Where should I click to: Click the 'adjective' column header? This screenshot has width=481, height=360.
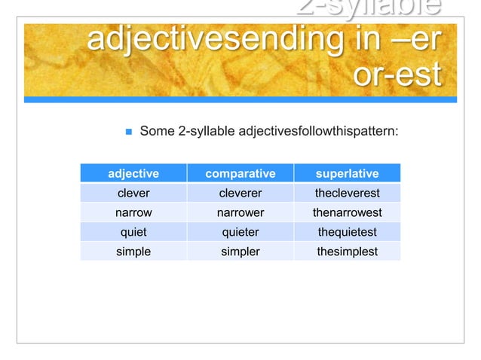[x=133, y=174]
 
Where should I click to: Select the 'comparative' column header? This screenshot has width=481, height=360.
[x=240, y=174]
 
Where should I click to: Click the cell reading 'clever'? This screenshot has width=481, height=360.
[x=133, y=193]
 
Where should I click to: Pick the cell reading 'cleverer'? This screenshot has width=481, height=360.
[x=240, y=193]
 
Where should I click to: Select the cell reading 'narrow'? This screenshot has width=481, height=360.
[x=133, y=212]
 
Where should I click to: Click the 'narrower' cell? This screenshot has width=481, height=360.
[x=240, y=212]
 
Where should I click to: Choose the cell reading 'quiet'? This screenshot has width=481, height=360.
[x=133, y=232]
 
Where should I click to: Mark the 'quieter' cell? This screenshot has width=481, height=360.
[x=240, y=232]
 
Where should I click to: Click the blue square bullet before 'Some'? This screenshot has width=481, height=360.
[x=128, y=133]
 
